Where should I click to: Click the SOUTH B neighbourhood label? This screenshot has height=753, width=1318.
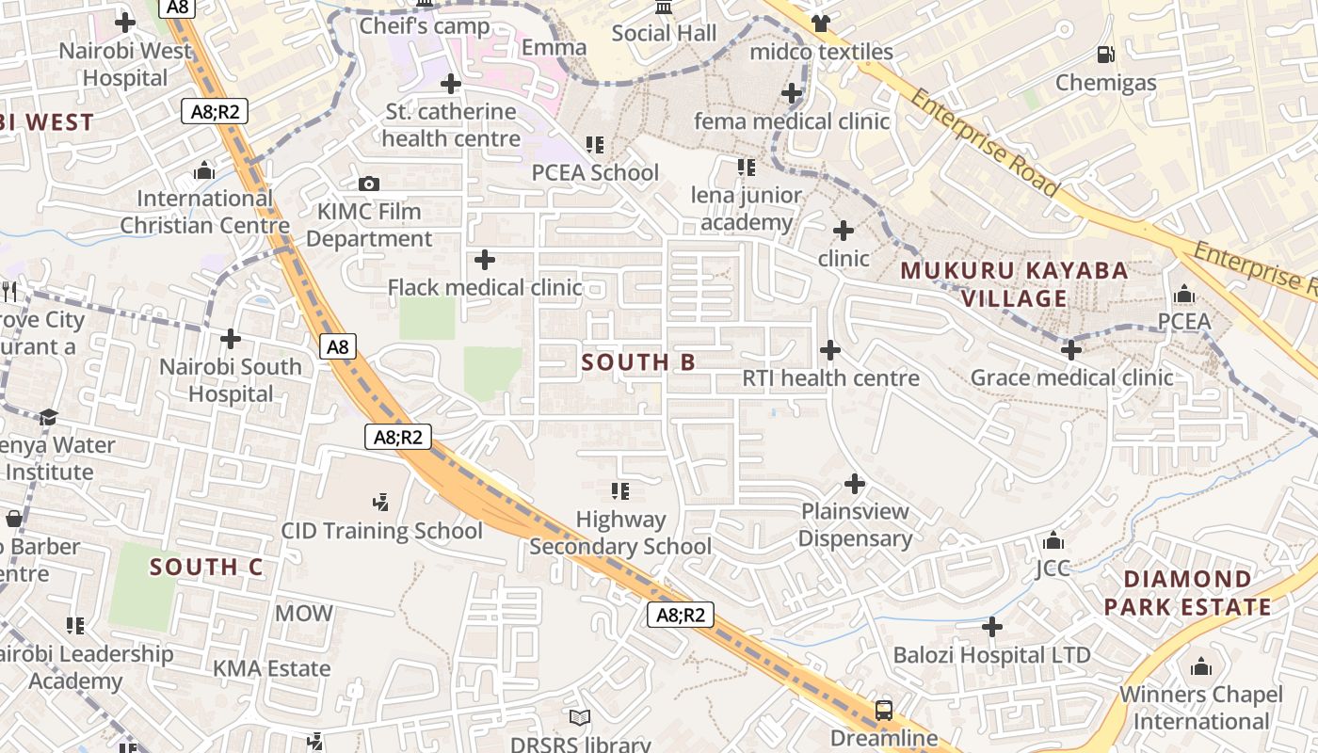click(638, 362)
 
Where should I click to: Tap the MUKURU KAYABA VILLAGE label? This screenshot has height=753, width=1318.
click(1014, 284)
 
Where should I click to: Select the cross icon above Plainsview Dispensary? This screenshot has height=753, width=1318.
click(854, 484)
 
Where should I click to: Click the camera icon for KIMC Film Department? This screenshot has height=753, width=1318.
click(369, 184)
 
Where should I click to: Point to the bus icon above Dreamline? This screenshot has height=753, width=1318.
click(884, 710)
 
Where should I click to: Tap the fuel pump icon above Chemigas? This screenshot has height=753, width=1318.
click(1106, 55)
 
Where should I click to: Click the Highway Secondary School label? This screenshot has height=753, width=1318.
click(620, 533)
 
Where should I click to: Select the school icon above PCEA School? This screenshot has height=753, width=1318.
click(595, 145)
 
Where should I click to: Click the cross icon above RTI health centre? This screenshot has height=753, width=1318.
click(829, 350)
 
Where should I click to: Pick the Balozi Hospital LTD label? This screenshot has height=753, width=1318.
click(991, 655)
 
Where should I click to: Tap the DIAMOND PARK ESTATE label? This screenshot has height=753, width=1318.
click(1188, 593)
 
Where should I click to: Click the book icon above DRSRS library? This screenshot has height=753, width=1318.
click(580, 717)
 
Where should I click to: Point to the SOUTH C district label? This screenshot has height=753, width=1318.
click(206, 567)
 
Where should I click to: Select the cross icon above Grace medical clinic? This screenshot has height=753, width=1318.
click(1070, 350)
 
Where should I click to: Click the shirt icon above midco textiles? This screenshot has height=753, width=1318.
click(820, 24)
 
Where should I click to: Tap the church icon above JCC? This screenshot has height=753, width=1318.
click(1053, 540)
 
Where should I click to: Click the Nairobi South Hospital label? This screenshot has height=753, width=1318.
click(231, 380)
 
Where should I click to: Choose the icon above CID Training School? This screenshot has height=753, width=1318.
click(381, 502)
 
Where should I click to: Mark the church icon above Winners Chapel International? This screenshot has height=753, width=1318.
click(1200, 667)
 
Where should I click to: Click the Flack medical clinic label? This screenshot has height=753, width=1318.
click(485, 287)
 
